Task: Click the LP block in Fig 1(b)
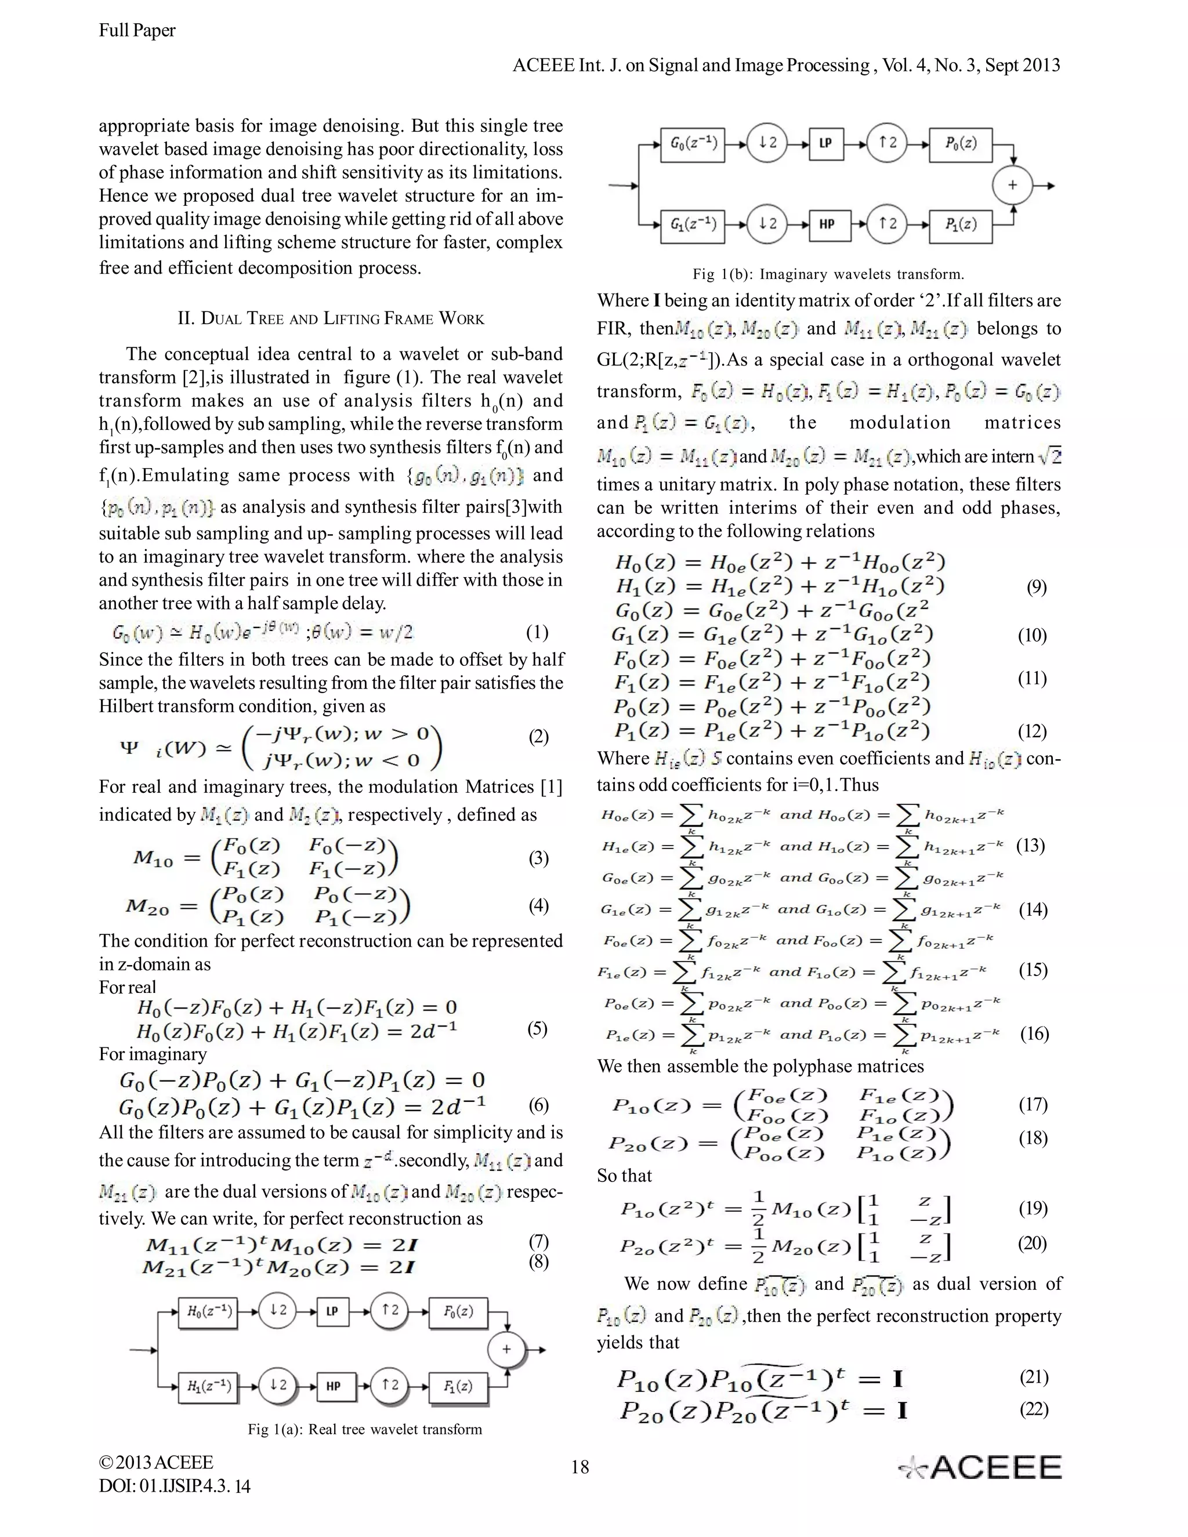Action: (826, 144)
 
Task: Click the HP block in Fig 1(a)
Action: (333, 1386)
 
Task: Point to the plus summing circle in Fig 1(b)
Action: (1012, 185)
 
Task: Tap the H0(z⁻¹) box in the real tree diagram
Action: (208, 1312)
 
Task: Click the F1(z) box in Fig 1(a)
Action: (458, 1386)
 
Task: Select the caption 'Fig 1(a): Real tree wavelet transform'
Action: (364, 1429)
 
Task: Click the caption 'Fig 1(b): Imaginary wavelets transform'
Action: (828, 274)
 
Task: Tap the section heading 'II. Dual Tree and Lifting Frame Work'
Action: (331, 319)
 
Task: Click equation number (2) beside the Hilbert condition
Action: (538, 737)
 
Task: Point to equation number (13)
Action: (1030, 845)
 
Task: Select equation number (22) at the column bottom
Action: (1034, 1409)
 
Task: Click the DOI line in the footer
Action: (175, 1487)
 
